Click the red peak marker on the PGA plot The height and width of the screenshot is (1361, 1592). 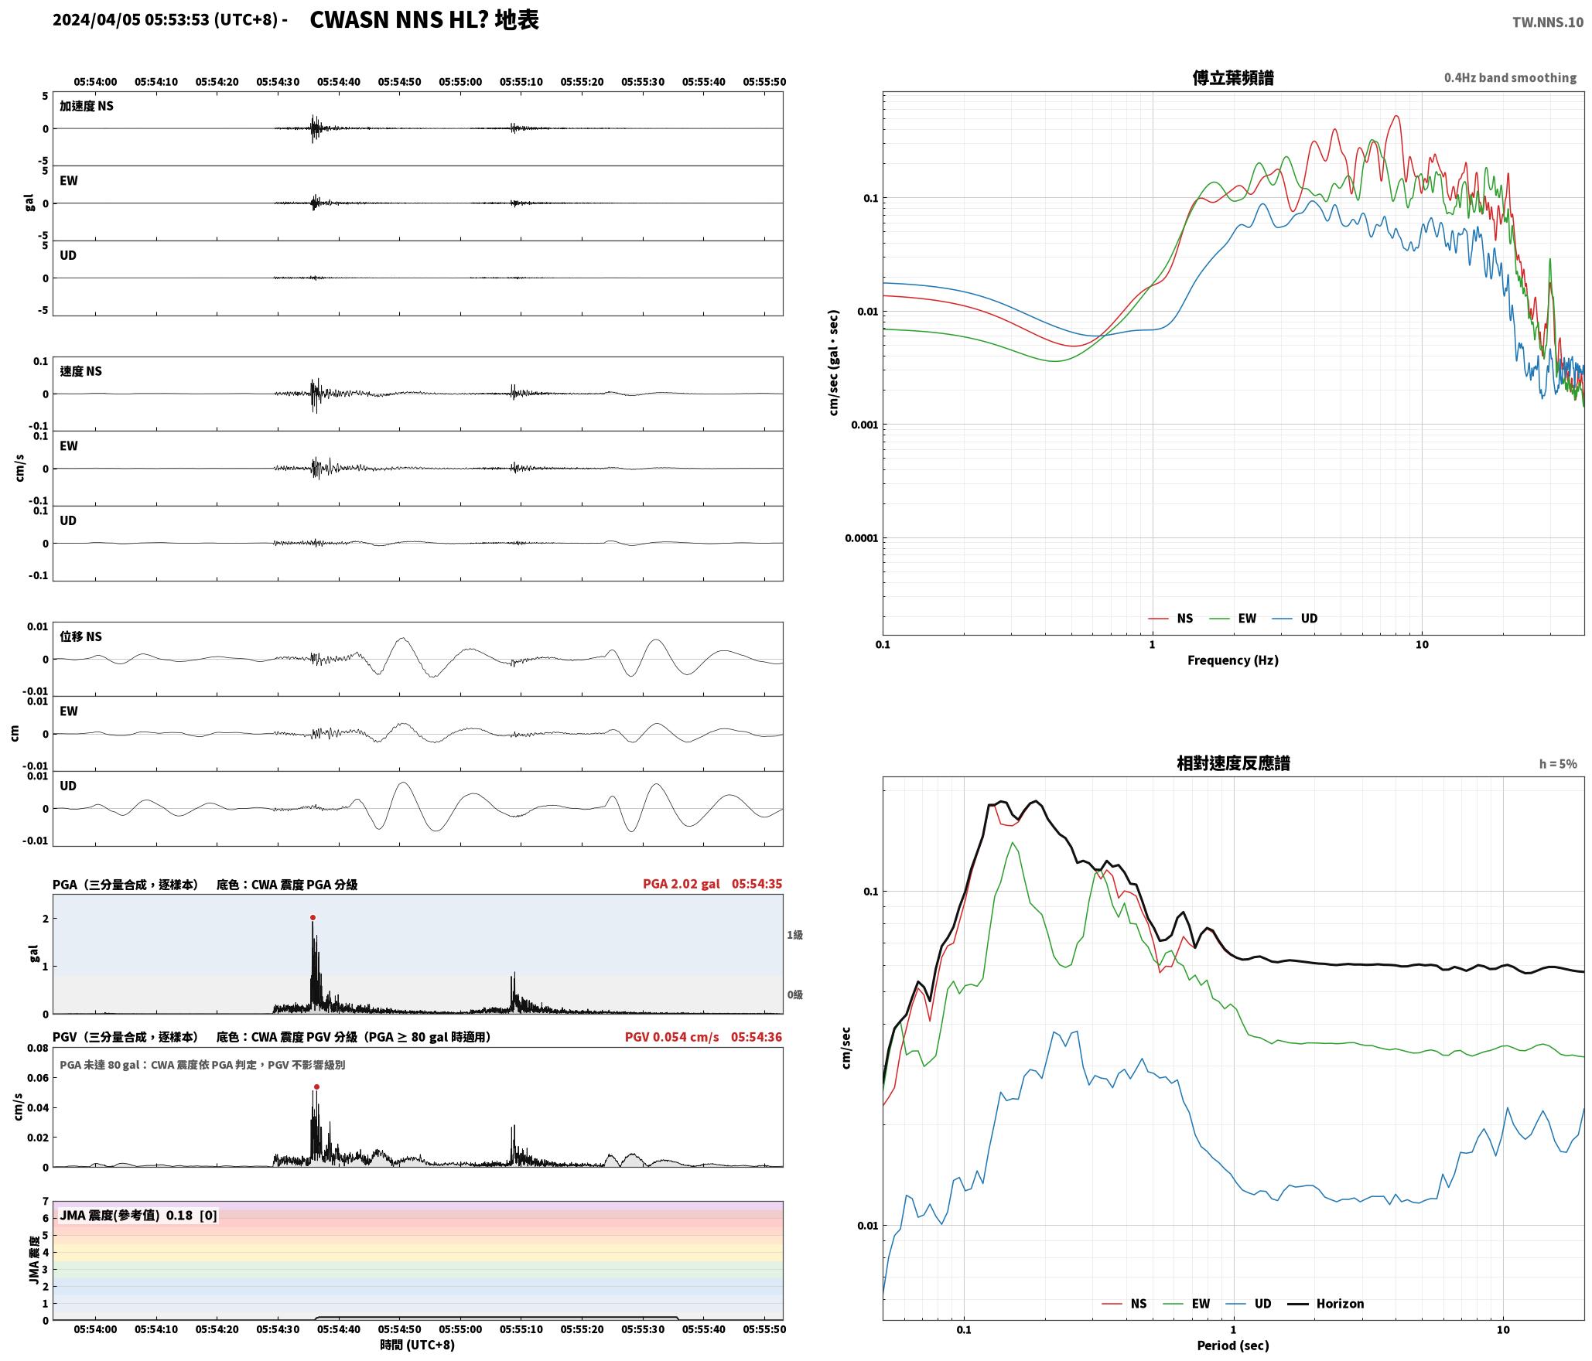click(x=313, y=917)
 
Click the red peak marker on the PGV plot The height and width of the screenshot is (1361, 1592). click(x=316, y=1086)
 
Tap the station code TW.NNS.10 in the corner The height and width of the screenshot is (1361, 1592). click(x=1547, y=22)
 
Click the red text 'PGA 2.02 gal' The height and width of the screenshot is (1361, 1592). click(x=681, y=884)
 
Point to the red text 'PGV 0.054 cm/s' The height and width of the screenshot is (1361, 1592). click(x=671, y=1037)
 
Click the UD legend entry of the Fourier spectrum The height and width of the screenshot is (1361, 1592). click(x=1295, y=619)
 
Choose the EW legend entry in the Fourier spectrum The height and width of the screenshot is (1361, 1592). click(x=1233, y=619)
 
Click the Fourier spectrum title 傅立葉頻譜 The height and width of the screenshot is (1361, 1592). click(x=1233, y=78)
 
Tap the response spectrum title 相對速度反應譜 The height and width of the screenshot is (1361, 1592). click(x=1233, y=763)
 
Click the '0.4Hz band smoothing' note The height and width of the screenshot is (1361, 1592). click(x=1510, y=78)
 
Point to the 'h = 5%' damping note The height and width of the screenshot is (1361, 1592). click(x=1558, y=764)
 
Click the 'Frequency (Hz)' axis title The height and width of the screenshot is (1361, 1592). click(x=1233, y=660)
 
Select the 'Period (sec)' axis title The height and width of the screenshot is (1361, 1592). click(x=1233, y=1346)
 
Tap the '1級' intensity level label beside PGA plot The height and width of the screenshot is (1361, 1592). click(x=794, y=935)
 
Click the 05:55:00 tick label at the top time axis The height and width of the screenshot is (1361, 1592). click(x=460, y=82)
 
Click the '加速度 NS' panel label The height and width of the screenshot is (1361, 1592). click(x=87, y=106)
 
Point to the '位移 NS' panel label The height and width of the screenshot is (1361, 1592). click(x=81, y=636)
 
